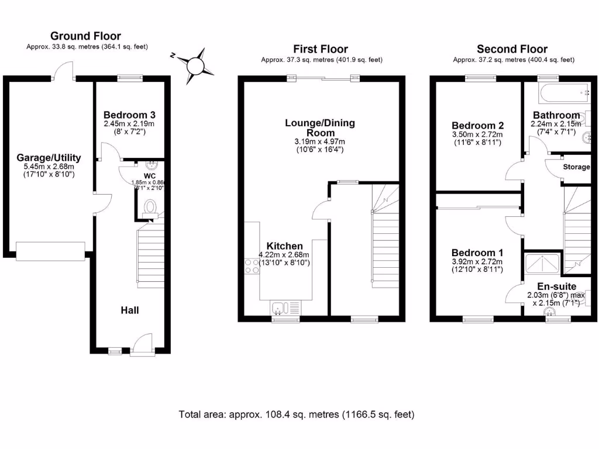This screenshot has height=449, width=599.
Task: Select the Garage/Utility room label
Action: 49,158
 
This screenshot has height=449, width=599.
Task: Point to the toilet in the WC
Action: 150,207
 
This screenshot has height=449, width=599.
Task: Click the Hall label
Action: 130,310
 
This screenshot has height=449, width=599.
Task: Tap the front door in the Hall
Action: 142,345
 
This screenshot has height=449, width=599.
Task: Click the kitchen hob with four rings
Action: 252,266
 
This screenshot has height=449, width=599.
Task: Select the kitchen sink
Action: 284,308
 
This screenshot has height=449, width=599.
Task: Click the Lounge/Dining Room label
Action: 320,127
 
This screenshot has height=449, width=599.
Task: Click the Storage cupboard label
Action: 576,167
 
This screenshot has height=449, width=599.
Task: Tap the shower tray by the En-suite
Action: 543,264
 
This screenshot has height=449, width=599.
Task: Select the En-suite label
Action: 556,286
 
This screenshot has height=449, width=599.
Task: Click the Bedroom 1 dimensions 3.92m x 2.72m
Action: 477,262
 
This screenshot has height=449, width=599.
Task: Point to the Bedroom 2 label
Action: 477,125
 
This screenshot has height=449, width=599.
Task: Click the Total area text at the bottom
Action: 296,415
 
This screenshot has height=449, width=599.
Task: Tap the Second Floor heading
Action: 512,49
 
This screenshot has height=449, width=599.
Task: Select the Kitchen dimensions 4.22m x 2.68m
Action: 284,255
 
